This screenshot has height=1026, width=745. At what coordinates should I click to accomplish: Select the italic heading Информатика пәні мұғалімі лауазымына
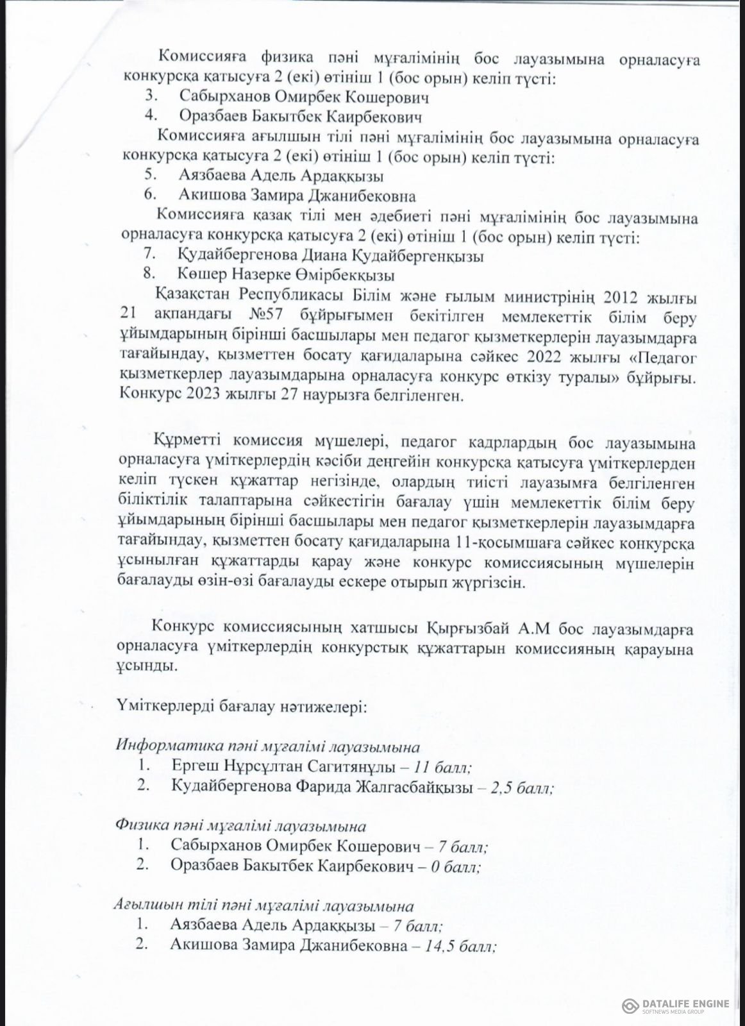click(268, 747)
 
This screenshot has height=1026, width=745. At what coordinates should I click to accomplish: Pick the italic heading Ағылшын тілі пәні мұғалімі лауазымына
click(264, 906)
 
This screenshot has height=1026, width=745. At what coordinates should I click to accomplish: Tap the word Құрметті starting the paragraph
click(186, 442)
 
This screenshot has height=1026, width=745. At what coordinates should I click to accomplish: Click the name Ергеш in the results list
click(195, 766)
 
